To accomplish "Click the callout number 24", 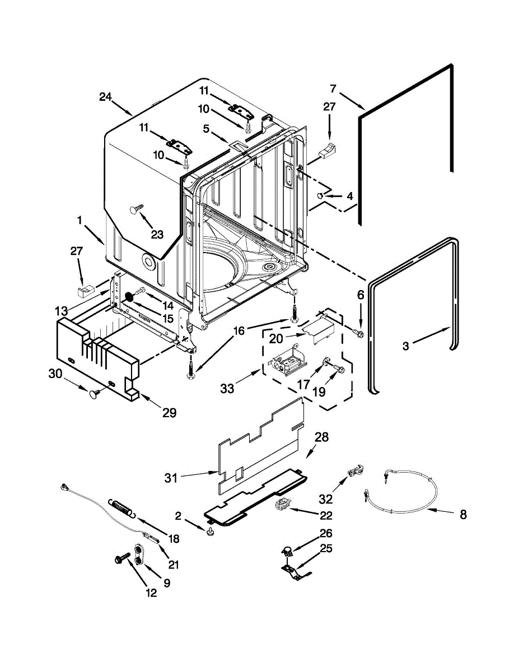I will pyautogui.click(x=106, y=97).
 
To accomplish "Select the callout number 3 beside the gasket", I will pyautogui.click(x=405, y=347).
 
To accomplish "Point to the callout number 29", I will pyautogui.click(x=169, y=413).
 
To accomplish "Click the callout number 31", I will pyautogui.click(x=171, y=478).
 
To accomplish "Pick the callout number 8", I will pyautogui.click(x=463, y=515).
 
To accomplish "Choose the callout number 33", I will pyautogui.click(x=227, y=388).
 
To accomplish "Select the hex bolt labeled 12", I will pyautogui.click(x=121, y=558).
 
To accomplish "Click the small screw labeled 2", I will pyautogui.click(x=212, y=530).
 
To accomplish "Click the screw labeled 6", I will pyautogui.click(x=358, y=334).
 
